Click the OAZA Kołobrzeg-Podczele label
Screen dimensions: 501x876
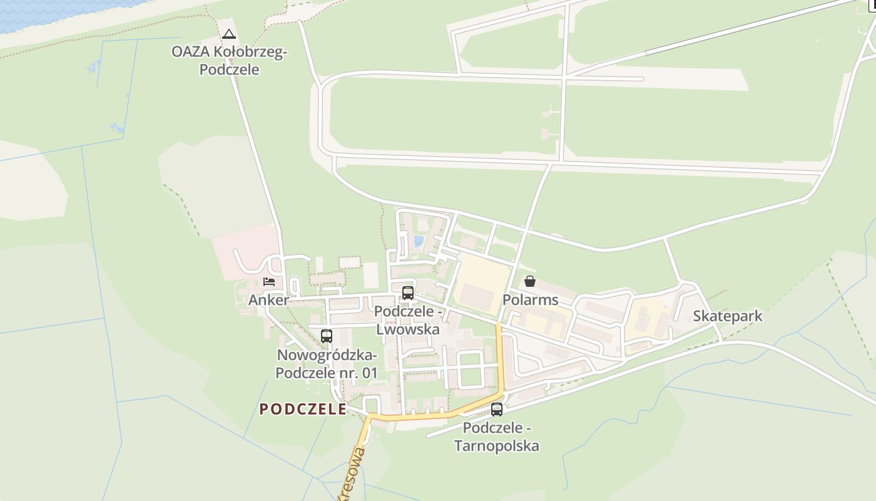click(x=229, y=61)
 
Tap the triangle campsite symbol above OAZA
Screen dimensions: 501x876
click(x=229, y=34)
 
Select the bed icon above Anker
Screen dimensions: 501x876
click(x=270, y=282)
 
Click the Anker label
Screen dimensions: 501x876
click(x=268, y=300)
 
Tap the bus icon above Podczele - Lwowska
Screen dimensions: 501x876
click(x=408, y=292)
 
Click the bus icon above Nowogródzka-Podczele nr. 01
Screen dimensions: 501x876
click(x=327, y=336)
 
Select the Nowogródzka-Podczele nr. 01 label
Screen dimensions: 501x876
click(x=327, y=364)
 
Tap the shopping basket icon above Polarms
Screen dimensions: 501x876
click(x=530, y=281)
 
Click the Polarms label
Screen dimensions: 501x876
click(x=530, y=300)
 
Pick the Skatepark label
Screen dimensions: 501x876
click(x=728, y=316)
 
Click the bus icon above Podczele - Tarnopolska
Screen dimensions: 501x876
click(x=497, y=410)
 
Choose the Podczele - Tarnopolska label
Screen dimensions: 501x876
click(x=497, y=437)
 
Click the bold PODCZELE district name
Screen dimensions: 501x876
click(x=303, y=410)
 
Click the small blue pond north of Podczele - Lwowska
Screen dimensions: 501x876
click(x=418, y=241)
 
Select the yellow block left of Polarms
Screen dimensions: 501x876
click(x=482, y=285)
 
